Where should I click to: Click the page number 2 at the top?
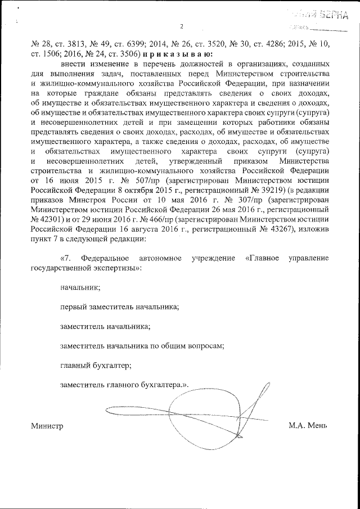(182, 26)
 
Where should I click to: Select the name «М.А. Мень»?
(308, 426)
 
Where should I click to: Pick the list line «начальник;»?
(80, 287)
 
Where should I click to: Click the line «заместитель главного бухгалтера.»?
(123, 385)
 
